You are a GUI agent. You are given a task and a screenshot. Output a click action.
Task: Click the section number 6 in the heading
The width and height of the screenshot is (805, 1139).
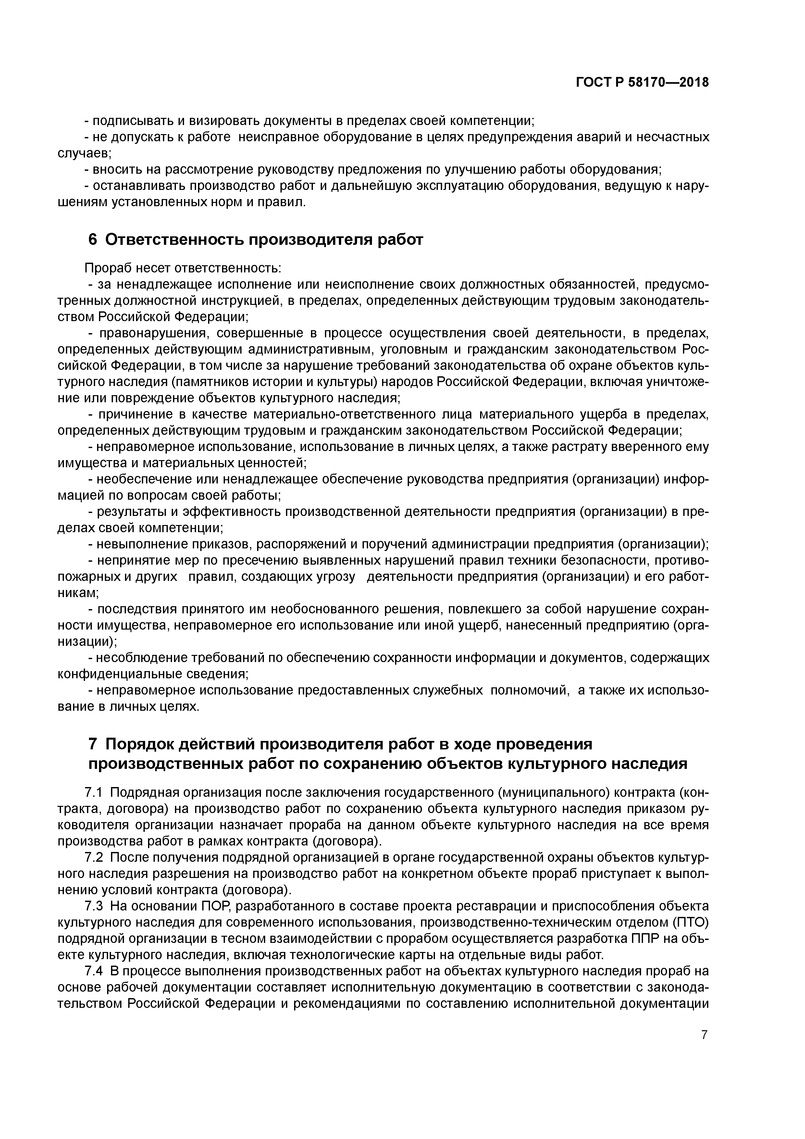click(93, 240)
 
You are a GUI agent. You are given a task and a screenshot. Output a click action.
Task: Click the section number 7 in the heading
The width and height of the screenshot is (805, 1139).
click(93, 744)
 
